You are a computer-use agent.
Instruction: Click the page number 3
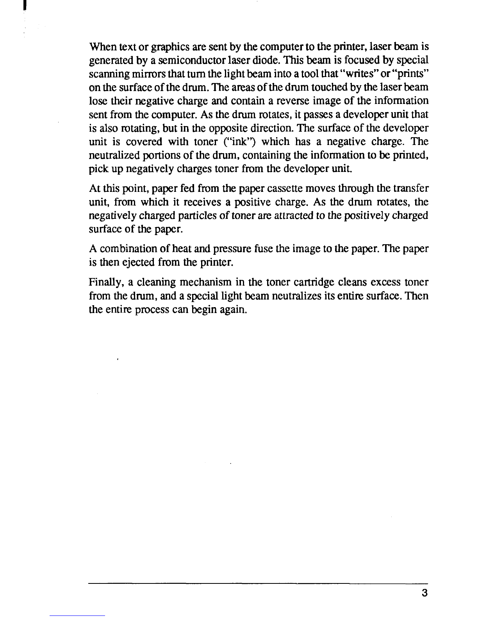[424, 593]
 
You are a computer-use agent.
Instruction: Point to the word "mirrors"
[142, 74]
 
